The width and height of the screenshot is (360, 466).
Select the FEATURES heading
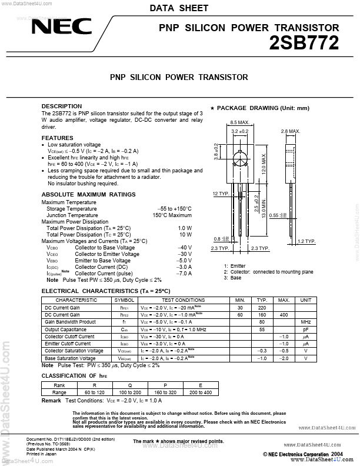tap(58, 138)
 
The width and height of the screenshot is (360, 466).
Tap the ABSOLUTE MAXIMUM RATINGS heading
tap(88, 195)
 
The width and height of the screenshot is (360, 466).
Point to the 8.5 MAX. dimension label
tap(239, 123)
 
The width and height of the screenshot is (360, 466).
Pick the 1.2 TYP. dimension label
tap(306, 241)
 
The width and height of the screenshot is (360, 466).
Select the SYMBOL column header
tap(124, 300)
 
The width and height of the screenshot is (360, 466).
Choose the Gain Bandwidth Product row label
tap(70, 322)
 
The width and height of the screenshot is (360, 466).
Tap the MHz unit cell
tap(305, 322)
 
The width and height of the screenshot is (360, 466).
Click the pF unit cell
tap(305, 329)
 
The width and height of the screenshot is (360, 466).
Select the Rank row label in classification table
tap(59, 385)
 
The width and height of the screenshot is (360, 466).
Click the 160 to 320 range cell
tap(165, 392)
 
